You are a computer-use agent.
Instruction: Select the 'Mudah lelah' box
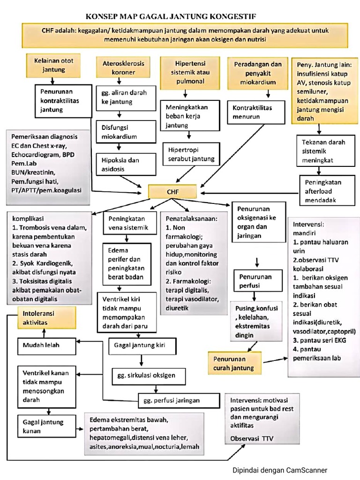click(x=47, y=346)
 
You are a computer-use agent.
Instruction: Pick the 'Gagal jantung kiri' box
click(x=142, y=346)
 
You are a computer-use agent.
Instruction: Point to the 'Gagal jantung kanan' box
click(x=47, y=426)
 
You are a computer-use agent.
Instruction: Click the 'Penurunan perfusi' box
click(x=256, y=281)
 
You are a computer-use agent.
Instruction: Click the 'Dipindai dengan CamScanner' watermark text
click(x=280, y=470)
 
